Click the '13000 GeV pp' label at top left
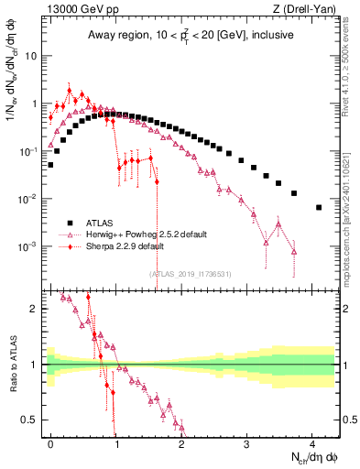[x=80, y=10]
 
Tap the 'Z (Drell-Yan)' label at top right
[x=306, y=10]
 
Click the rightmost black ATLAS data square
[x=319, y=207]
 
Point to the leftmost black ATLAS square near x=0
[x=50, y=165]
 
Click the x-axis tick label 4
[x=312, y=442]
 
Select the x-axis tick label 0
[x=50, y=442]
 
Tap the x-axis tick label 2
[x=181, y=442]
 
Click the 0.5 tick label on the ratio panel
[x=33, y=420]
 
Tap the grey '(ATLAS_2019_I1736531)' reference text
[x=190, y=273]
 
